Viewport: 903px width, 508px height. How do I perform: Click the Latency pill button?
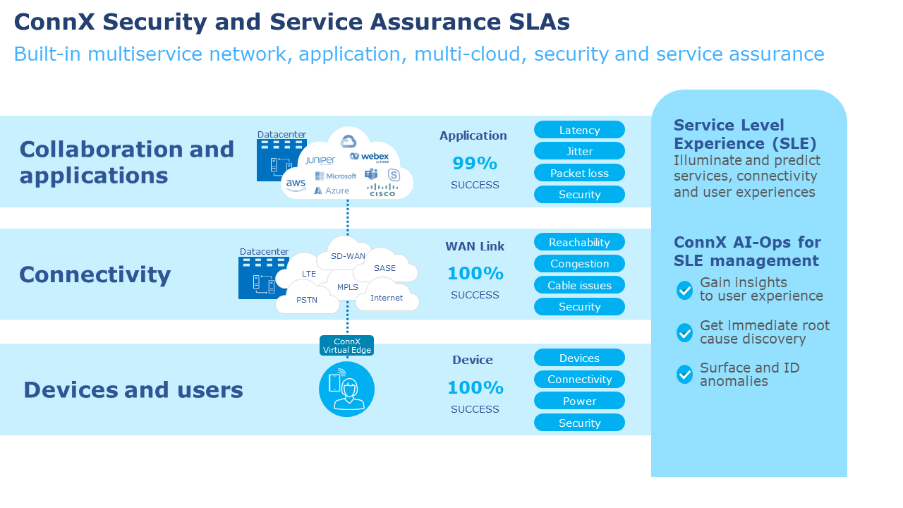579,130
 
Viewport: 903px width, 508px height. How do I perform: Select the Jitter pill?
579,151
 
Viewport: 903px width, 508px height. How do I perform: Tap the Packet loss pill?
579,173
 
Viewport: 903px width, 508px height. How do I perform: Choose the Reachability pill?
579,242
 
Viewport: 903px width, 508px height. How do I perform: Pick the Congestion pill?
579,264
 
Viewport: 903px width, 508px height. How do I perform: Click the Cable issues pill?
579,285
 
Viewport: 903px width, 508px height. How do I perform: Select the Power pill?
579,401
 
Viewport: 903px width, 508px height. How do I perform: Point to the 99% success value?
475,164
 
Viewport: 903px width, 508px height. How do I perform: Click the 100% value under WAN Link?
475,273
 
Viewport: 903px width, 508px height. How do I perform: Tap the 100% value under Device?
475,387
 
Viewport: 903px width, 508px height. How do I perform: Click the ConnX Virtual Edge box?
346,346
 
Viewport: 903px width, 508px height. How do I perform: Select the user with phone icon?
346,389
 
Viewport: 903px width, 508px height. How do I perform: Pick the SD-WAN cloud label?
348,256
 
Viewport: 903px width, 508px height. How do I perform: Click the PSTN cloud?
307,300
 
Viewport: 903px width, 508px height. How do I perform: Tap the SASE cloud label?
385,268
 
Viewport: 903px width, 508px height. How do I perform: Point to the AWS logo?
296,185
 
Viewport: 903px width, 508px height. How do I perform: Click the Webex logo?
370,157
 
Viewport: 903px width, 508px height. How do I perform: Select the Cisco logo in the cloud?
382,190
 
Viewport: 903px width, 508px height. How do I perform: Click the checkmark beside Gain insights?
684,290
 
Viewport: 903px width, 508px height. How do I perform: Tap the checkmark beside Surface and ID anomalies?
684,374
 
